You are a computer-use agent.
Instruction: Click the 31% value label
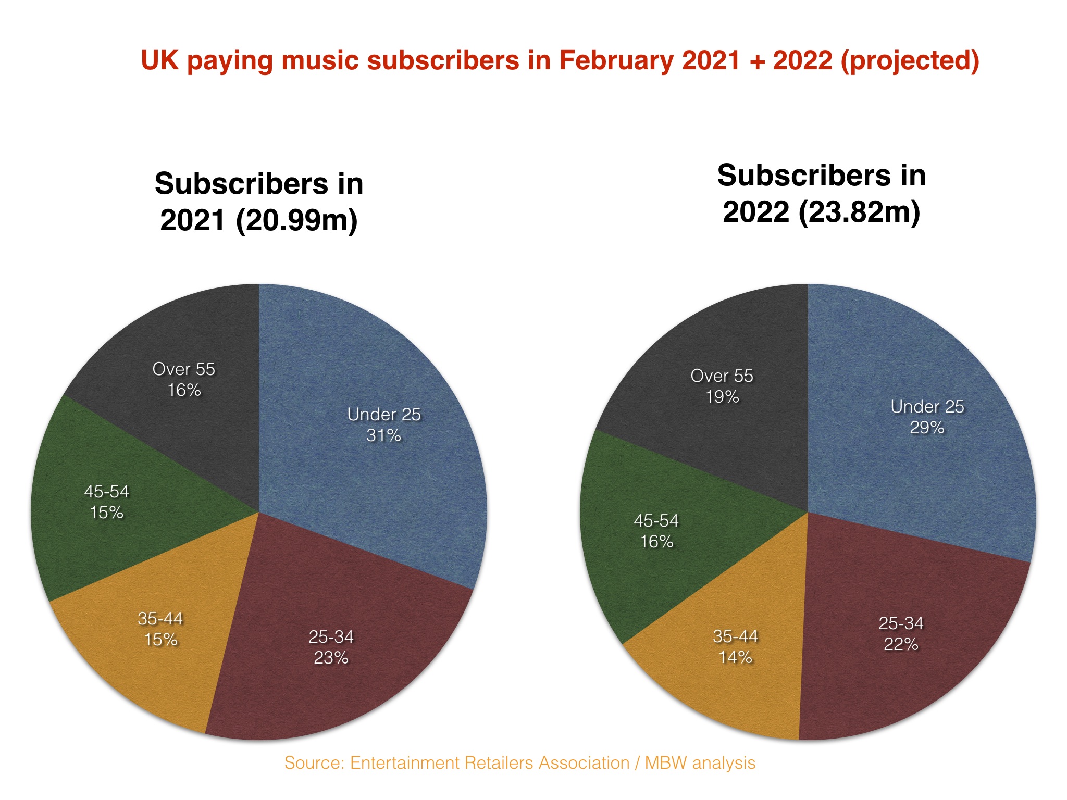pos(383,435)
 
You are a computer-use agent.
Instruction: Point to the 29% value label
pos(927,428)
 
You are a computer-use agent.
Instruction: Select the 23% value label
pos(331,658)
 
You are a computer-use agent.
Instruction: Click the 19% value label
pos(722,397)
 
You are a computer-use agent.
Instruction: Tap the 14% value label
pos(735,657)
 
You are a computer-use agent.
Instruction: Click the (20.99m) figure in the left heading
pos(296,220)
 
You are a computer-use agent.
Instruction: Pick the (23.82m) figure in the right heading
pos(859,212)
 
